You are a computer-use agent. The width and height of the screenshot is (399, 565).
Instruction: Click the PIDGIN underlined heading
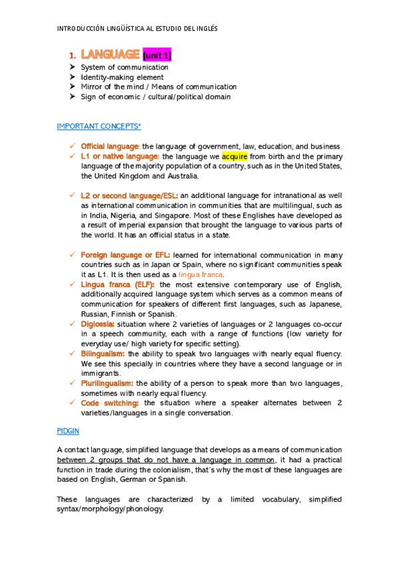68,432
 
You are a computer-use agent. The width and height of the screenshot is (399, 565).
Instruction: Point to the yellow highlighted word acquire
234,156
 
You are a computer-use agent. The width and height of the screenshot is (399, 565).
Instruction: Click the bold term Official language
110,146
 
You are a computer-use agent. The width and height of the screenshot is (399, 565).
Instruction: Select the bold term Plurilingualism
107,383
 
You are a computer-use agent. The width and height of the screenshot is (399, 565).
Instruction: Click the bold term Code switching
110,403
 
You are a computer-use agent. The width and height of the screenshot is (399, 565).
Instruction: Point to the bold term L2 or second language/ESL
129,196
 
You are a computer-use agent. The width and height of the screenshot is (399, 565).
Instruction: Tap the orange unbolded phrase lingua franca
202,275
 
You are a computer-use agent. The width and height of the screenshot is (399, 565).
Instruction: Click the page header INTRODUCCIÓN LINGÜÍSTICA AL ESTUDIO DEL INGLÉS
137,29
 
